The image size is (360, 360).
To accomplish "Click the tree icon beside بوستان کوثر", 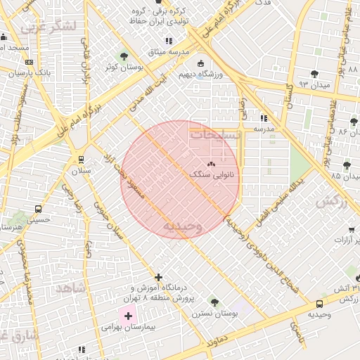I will click(124, 56).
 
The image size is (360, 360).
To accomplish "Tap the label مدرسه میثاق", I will click(164, 52).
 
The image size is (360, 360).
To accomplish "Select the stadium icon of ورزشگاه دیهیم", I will click(202, 63).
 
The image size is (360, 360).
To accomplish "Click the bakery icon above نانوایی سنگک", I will click(212, 163).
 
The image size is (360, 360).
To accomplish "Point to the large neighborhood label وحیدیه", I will click(182, 226).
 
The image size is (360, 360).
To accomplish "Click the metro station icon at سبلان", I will click(82, 160).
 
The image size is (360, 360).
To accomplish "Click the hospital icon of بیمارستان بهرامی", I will click(127, 316).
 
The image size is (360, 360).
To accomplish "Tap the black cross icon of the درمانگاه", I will click(159, 278).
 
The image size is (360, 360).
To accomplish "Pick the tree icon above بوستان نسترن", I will click(214, 302).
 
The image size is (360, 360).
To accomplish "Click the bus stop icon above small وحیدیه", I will click(320, 304).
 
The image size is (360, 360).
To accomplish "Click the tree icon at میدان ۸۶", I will click(354, 122).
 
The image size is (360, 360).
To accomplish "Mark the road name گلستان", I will click(288, 96).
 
